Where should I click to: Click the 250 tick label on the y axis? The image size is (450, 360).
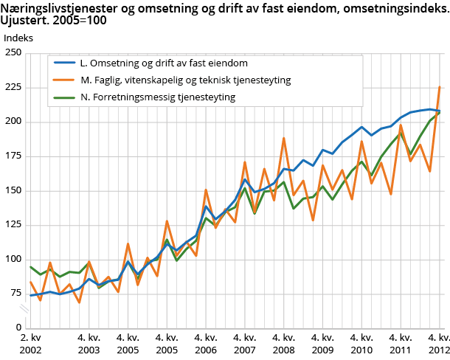pos(13,52)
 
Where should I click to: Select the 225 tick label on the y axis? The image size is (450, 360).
pos(13,87)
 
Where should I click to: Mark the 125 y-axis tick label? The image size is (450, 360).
pos(13,225)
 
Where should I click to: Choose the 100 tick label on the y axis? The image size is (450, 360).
pos(13,259)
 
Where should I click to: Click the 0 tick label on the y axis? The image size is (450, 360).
pos(18,328)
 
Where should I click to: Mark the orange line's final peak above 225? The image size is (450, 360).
pos(440,87)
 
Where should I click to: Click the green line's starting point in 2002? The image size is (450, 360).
pos(31,267)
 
